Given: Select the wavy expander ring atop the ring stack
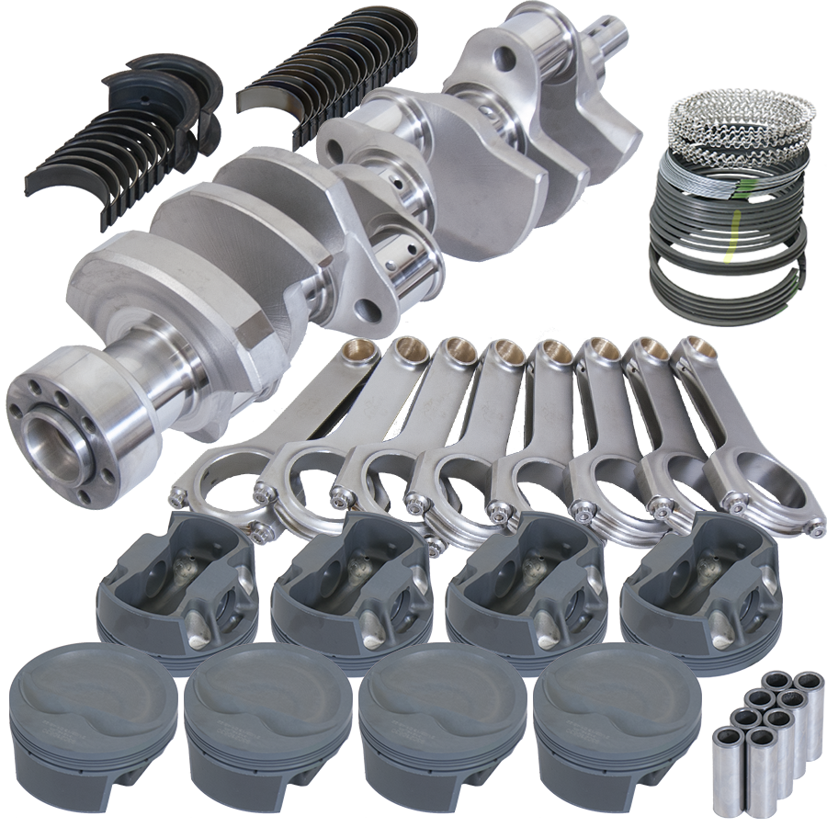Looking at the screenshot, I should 740,124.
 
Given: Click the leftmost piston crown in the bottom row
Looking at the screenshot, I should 92,698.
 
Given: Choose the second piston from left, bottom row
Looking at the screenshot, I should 266,698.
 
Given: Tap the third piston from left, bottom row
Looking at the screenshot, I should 442,698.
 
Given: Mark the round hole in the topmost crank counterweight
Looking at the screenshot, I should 504,61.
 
